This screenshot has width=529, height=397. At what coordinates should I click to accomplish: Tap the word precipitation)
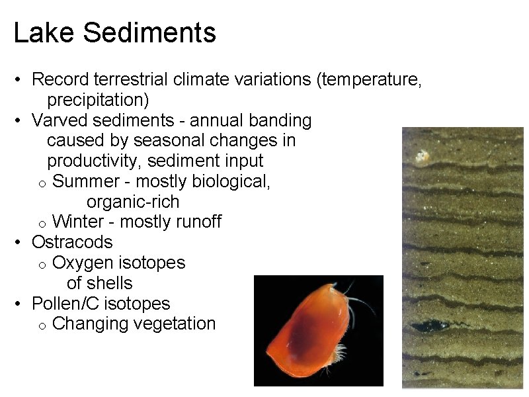point(98,101)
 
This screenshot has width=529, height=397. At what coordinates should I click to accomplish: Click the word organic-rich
point(133,201)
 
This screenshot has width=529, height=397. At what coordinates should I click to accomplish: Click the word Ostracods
point(72,242)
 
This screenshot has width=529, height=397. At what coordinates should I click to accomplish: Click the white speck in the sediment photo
point(421,157)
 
